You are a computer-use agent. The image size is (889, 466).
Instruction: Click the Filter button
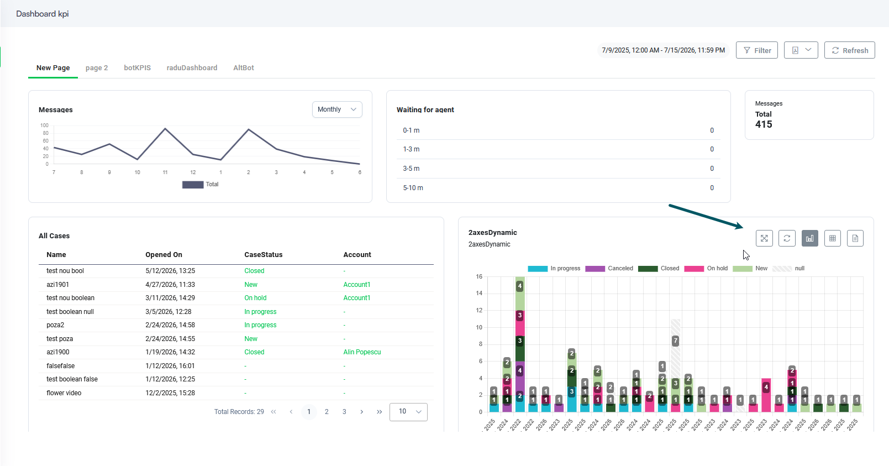coord(756,50)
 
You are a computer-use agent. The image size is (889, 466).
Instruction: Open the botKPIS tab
coord(138,68)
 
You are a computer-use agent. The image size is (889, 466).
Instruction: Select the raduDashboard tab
coord(192,68)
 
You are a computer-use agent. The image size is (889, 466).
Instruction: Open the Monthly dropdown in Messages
coord(337,109)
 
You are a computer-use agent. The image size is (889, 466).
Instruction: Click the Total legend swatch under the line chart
coord(193,185)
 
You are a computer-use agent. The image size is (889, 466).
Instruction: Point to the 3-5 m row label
coord(411,169)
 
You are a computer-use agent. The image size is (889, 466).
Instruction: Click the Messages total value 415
coord(764,124)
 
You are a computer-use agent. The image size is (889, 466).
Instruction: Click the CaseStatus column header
coord(263,255)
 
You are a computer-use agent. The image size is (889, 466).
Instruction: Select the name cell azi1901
coord(57,285)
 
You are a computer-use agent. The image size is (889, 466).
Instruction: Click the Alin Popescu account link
coord(362,352)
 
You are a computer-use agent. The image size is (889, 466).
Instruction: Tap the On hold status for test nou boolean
coord(255,298)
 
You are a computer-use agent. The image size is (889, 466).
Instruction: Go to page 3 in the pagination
coord(344,412)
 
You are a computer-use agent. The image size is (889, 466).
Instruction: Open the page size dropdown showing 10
coord(408,412)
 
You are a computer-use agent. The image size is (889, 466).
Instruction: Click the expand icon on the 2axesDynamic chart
coord(764,239)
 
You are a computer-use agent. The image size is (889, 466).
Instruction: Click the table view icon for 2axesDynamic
coord(832,239)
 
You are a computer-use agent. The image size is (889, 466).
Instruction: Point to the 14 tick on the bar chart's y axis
coord(479,294)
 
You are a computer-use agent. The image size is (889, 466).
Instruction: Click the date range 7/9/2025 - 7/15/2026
coord(663,50)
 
